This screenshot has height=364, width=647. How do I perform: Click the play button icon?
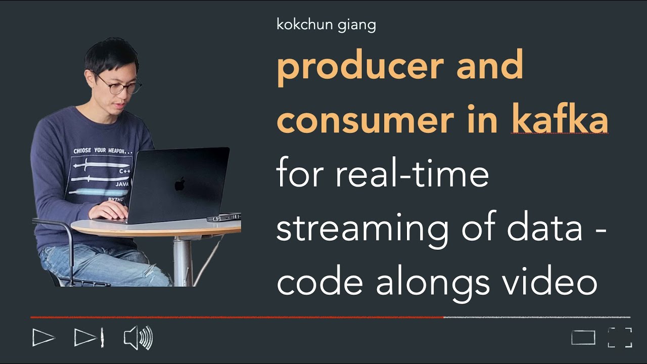pyautogui.click(x=43, y=337)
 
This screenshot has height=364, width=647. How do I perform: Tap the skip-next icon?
pyautogui.click(x=89, y=337)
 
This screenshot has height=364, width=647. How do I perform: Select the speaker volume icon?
pyautogui.click(x=138, y=338)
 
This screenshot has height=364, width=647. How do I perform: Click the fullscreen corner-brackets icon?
pyautogui.click(x=620, y=338)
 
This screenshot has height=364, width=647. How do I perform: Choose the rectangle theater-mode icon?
pyautogui.click(x=583, y=338)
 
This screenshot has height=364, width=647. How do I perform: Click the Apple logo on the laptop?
pyautogui.click(x=179, y=184)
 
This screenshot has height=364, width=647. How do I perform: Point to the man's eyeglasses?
pyautogui.click(x=120, y=84)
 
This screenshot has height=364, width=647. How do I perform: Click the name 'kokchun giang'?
pyautogui.click(x=326, y=24)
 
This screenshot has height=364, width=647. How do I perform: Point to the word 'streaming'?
pyautogui.click(x=362, y=229)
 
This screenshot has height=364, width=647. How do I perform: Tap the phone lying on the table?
pyautogui.click(x=223, y=217)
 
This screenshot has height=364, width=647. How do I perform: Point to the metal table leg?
pyautogui.click(x=182, y=260)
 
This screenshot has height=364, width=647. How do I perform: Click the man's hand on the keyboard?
pyautogui.click(x=109, y=211)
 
